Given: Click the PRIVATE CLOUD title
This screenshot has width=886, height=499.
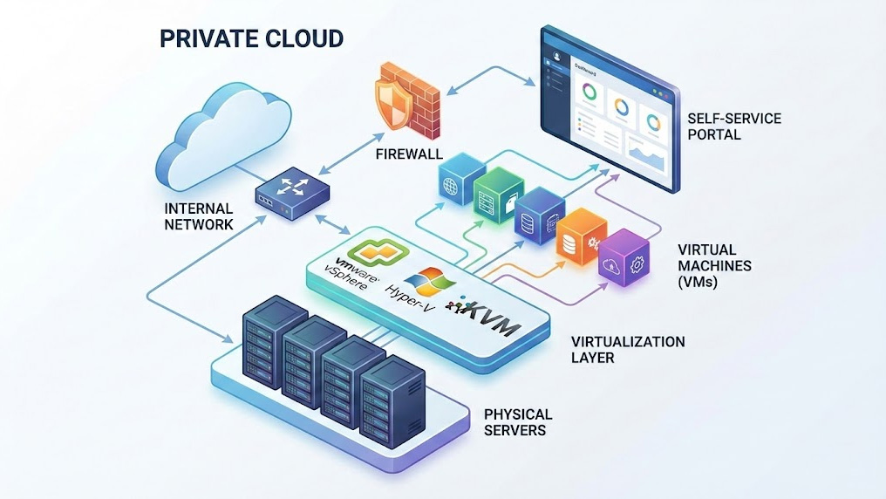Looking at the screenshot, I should point(251,38).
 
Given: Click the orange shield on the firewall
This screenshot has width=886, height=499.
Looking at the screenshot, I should point(392,100).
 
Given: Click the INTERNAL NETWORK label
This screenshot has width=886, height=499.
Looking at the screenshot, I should point(199,216).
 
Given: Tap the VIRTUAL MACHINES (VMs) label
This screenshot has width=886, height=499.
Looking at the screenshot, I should point(714,265).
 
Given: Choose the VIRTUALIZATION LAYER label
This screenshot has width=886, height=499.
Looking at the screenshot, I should point(628,349).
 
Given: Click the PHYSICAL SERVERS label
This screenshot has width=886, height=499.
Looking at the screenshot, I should point(518,421).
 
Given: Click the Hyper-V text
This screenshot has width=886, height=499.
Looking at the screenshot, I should point(408,296).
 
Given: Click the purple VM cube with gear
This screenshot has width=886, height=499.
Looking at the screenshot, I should point(624,256).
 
